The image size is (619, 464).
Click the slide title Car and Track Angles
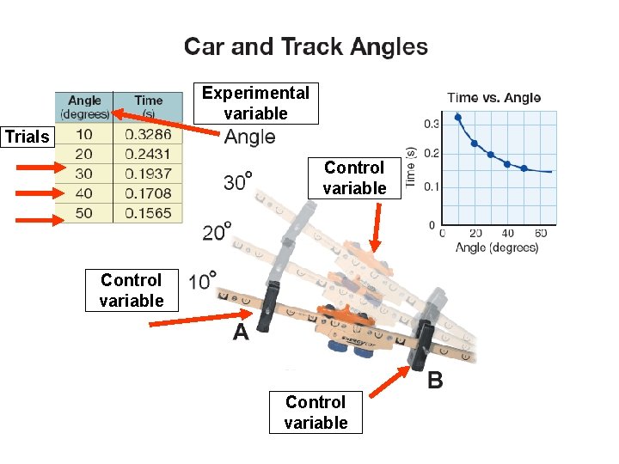point(306,46)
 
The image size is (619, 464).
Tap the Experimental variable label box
point(255,103)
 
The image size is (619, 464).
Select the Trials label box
point(28,137)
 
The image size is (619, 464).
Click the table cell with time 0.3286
point(148,135)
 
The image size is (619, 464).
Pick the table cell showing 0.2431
point(148,155)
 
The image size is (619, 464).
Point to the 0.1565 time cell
point(148,213)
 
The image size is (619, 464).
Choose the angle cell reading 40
point(84,193)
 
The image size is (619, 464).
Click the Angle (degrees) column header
point(84,107)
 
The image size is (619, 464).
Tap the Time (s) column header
point(148,107)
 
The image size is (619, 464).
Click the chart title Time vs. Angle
point(494,98)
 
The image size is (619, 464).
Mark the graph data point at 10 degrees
point(458,117)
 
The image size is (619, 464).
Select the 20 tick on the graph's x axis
point(475,234)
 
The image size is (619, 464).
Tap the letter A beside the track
point(241,332)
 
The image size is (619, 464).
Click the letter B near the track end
point(436,380)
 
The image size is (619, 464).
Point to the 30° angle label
point(237,182)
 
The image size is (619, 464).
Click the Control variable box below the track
point(316,412)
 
